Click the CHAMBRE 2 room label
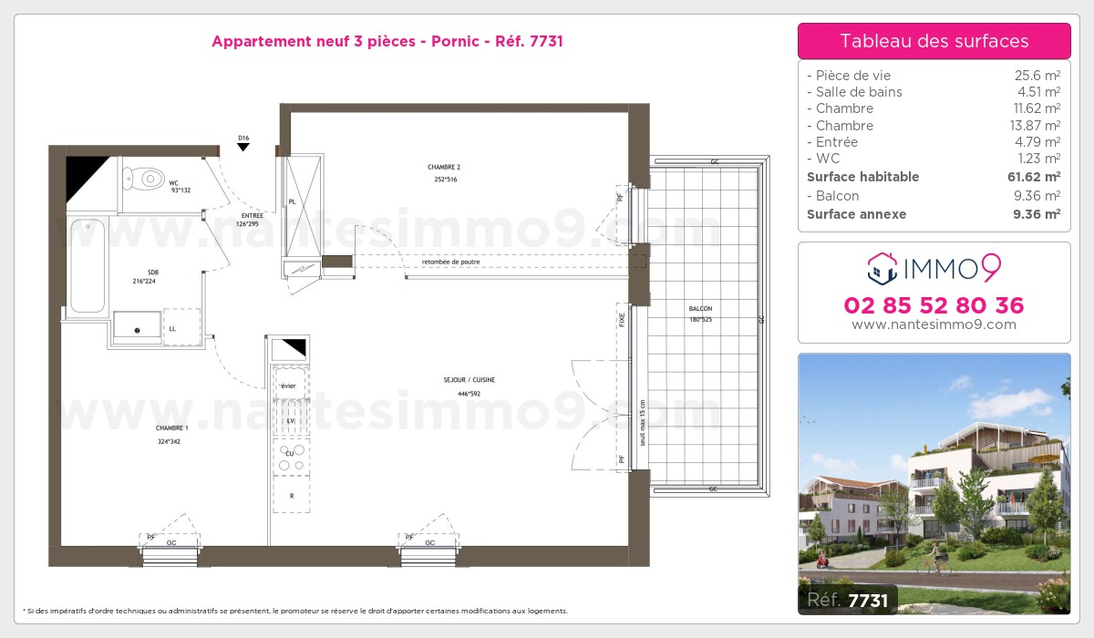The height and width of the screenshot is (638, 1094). pyautogui.click(x=444, y=168)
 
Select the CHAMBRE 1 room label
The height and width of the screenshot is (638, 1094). pyautogui.click(x=171, y=427)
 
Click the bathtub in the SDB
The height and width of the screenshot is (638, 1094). pyautogui.click(x=88, y=264)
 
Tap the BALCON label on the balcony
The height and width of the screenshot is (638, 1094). pyautogui.click(x=700, y=308)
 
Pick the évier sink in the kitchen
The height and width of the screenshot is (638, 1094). pyautogui.click(x=290, y=386)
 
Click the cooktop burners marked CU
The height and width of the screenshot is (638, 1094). pyautogui.click(x=291, y=458)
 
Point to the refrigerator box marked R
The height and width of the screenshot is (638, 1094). pyautogui.click(x=291, y=495)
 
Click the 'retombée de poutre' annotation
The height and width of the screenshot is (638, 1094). pyautogui.click(x=450, y=262)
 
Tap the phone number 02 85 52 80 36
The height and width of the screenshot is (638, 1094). pyautogui.click(x=934, y=305)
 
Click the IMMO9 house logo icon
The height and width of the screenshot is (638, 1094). pyautogui.click(x=880, y=268)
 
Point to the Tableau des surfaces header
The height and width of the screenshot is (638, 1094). pyautogui.click(x=934, y=41)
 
